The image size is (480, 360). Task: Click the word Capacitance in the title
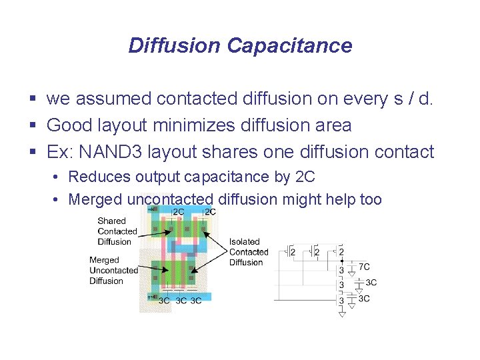point(289,45)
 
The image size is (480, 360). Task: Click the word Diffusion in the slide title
point(174,45)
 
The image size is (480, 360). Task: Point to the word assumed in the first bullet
point(113,99)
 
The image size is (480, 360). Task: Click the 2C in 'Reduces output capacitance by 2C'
point(304,177)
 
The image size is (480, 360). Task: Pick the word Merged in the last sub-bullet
point(95,199)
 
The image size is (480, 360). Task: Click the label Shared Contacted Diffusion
point(117,231)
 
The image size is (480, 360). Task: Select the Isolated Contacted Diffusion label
point(248,252)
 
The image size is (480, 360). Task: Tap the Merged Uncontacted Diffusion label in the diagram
point(113,270)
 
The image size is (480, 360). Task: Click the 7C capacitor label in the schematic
point(365,266)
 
